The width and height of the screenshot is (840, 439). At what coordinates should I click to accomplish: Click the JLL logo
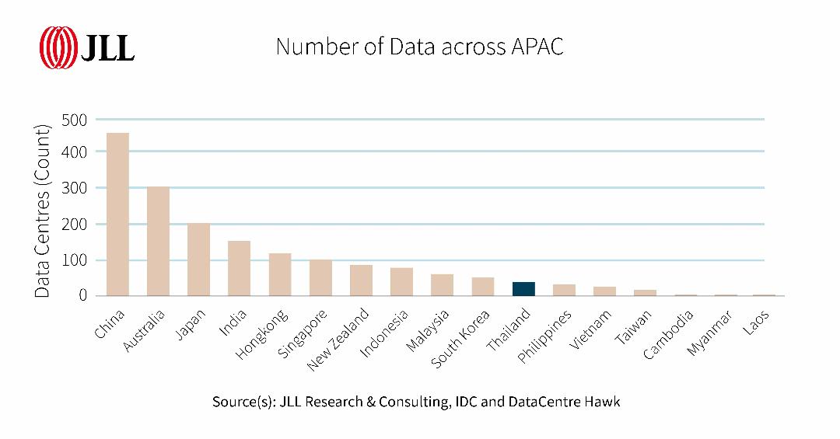pyautogui.click(x=87, y=47)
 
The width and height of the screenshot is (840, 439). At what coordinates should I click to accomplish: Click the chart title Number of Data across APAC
pyautogui.click(x=419, y=47)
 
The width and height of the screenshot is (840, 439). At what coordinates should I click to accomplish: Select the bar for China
pyautogui.click(x=117, y=214)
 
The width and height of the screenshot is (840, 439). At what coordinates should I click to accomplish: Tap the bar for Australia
pyautogui.click(x=158, y=241)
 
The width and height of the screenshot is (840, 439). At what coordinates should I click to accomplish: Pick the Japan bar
pyautogui.click(x=198, y=260)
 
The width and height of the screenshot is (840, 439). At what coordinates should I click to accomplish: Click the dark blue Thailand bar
pyautogui.click(x=523, y=289)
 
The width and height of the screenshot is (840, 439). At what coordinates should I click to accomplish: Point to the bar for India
pyautogui.click(x=239, y=268)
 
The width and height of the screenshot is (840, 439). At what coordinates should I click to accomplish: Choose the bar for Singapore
pyautogui.click(x=320, y=277)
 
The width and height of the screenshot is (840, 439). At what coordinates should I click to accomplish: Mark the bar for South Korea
pyautogui.click(x=483, y=287)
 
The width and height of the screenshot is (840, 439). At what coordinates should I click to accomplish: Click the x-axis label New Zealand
pyautogui.click(x=338, y=338)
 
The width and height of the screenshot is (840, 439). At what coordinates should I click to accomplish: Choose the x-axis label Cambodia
pyautogui.click(x=669, y=334)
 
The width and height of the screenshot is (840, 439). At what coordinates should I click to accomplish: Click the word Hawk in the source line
pyautogui.click(x=604, y=402)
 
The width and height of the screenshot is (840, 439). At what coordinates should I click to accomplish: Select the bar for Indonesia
pyautogui.click(x=401, y=282)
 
